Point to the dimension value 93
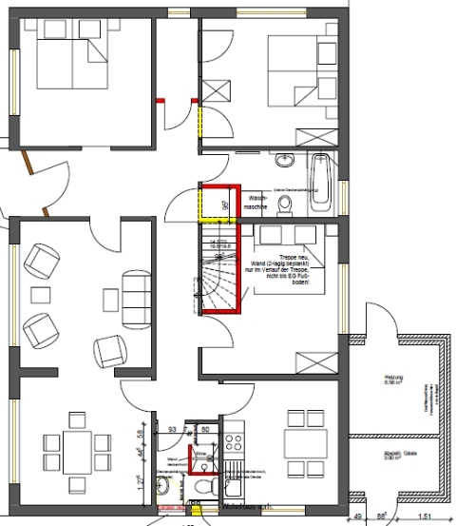pyautogui.click(x=172, y=430)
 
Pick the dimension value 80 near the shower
pyautogui.click(x=205, y=430)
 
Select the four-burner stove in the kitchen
pyautogui.click(x=235, y=443)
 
